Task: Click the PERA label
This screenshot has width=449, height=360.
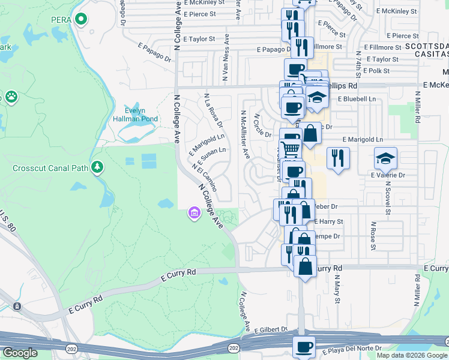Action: (x=62, y=20)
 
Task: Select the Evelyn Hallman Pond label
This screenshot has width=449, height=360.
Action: (x=132, y=115)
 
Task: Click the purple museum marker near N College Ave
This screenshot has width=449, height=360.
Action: (x=193, y=212)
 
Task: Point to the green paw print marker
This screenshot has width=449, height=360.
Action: (x=11, y=96)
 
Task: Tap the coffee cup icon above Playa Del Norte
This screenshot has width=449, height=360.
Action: (x=304, y=347)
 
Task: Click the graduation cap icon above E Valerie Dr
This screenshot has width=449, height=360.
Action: (x=385, y=158)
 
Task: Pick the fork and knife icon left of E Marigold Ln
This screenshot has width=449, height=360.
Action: (x=338, y=158)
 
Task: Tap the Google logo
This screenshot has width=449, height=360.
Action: (x=20, y=353)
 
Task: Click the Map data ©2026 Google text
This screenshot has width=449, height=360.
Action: (x=411, y=355)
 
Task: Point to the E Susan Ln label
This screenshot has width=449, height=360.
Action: (x=211, y=156)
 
